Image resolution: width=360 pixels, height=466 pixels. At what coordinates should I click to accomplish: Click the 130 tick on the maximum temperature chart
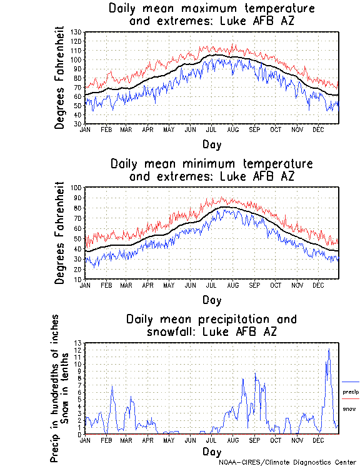pos(77,32)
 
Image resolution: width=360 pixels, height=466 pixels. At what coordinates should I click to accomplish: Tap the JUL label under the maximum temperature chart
pos(211,129)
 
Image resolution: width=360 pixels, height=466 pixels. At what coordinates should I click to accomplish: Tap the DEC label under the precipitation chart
pos(318,440)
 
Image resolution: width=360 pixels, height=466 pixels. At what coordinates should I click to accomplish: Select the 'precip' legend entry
pos(351,392)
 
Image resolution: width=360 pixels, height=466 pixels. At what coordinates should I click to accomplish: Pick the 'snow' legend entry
pos(350,408)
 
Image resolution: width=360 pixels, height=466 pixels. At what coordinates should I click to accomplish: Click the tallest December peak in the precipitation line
pos(329,349)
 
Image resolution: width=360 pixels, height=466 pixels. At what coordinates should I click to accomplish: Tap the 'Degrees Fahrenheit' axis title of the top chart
pos(60,77)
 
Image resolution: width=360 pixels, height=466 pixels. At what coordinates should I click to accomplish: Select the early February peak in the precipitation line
pos(112,387)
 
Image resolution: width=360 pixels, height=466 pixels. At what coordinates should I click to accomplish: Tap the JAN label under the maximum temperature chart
pos(86,129)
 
